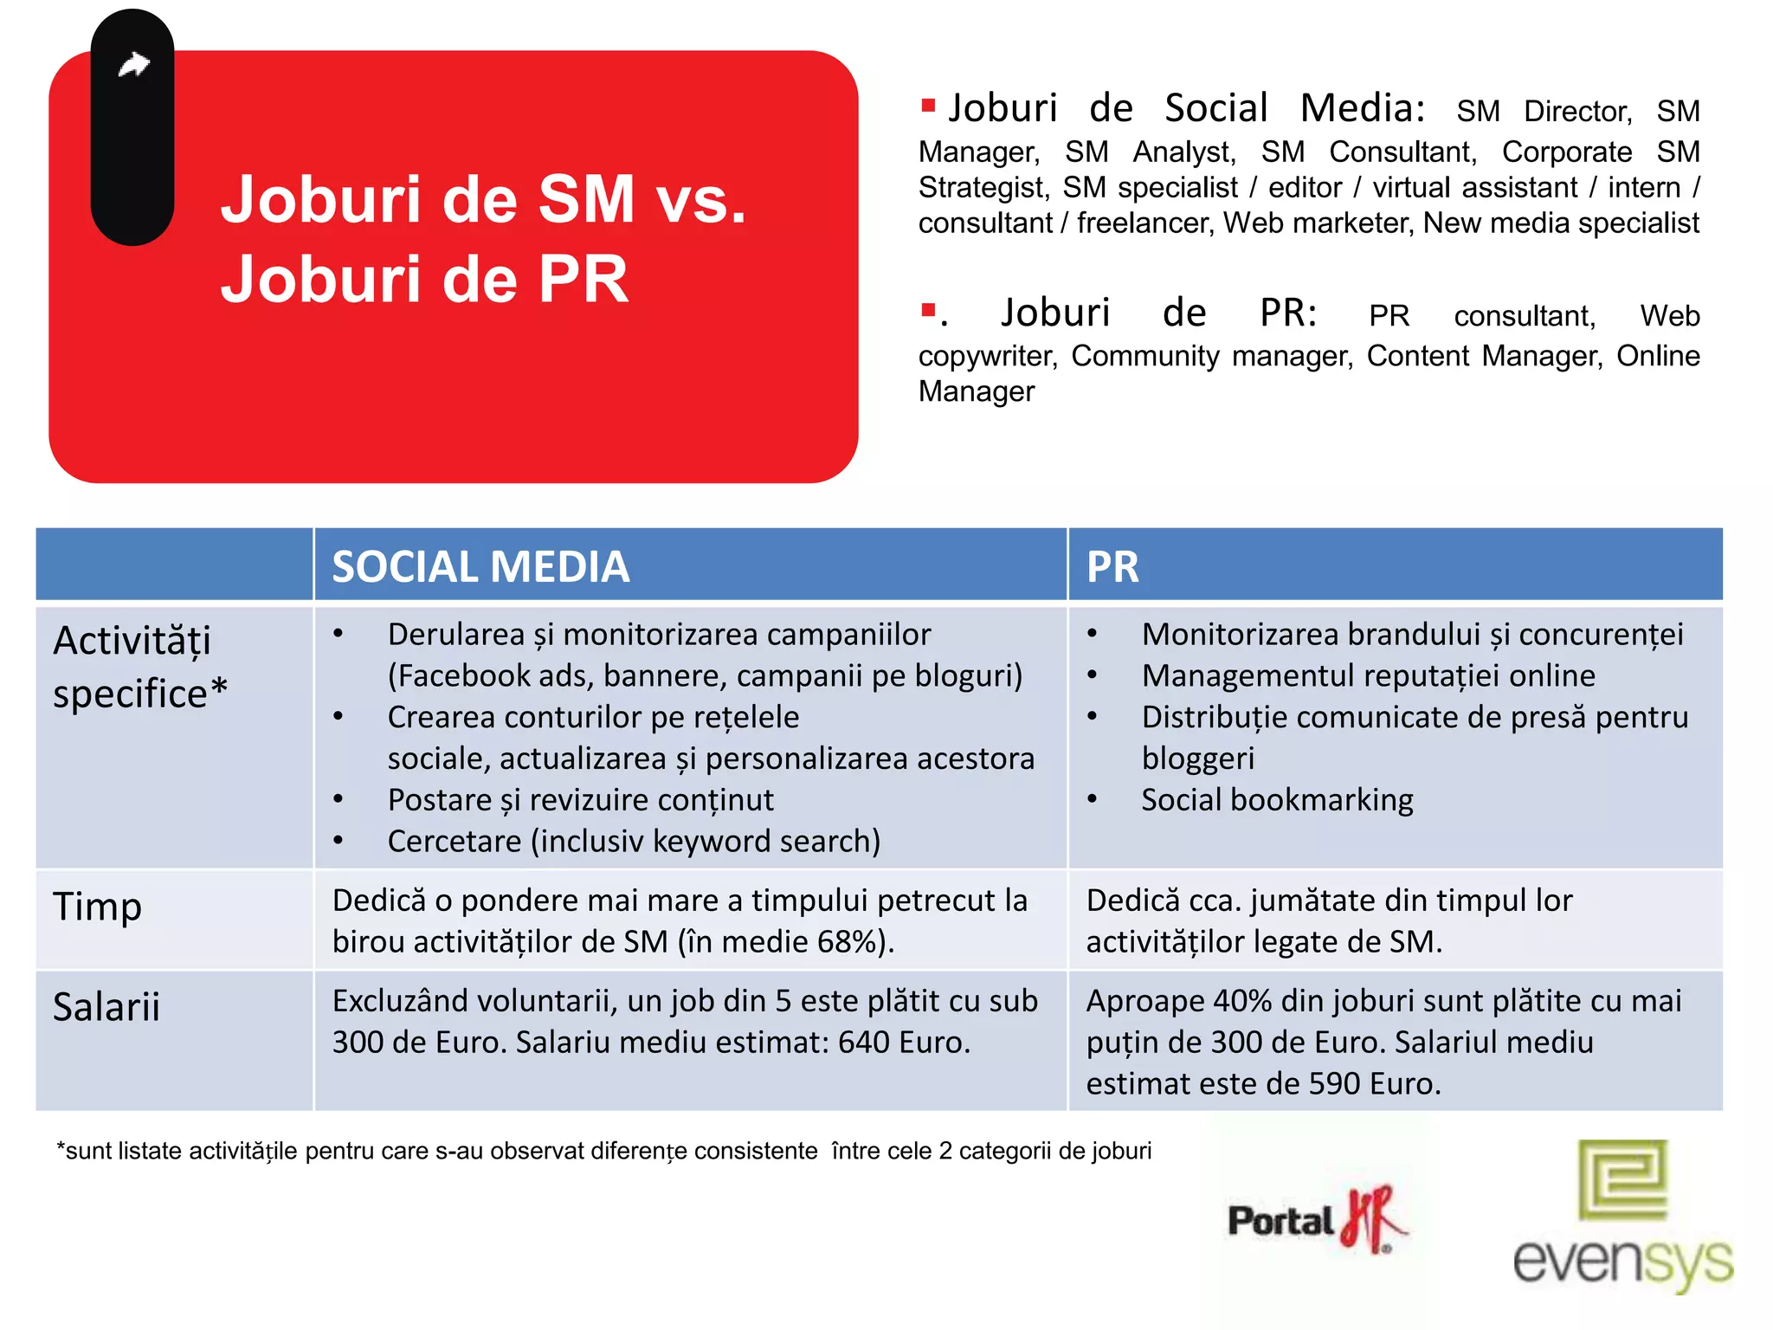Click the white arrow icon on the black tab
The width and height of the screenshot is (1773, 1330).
coord(134,64)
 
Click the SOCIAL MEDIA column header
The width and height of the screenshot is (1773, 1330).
coord(480,567)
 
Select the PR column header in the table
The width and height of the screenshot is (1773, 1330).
coord(1112,567)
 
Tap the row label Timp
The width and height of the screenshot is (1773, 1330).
coord(97,907)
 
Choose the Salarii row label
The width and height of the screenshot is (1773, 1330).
coord(106,1007)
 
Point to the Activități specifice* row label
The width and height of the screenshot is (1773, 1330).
coord(139,667)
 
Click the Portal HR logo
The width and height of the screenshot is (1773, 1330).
coord(1316,1219)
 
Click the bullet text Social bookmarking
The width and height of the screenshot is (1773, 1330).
coord(1277,800)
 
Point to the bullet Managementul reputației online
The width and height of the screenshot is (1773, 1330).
coord(1368,676)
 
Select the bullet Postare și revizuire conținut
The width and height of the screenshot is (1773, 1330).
coord(580,800)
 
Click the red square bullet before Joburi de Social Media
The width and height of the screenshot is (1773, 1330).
coord(928,106)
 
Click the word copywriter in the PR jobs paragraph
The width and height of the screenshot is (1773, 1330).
coord(985,356)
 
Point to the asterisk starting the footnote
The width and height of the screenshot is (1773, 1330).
coord(61,1148)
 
